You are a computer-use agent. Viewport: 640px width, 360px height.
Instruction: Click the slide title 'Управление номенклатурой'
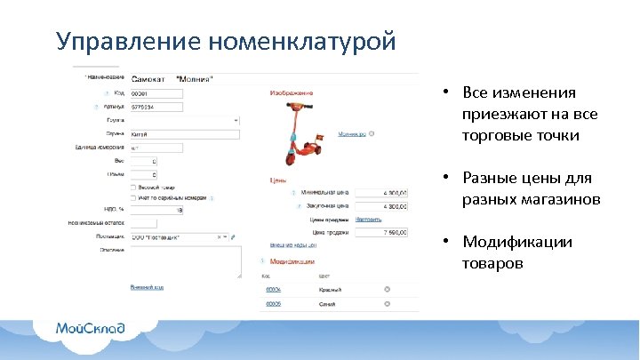click(225, 42)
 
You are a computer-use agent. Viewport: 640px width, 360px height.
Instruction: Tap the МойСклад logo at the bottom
click(91, 329)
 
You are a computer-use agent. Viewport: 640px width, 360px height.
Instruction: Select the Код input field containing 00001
click(156, 93)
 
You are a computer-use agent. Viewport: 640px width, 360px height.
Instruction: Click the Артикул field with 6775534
click(156, 107)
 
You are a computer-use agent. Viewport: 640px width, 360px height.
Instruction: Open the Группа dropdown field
click(184, 120)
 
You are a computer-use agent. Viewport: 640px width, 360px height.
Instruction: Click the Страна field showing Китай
click(184, 134)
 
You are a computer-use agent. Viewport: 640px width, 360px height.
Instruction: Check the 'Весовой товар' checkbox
click(133, 188)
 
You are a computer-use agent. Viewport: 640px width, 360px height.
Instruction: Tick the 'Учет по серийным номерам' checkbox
click(133, 198)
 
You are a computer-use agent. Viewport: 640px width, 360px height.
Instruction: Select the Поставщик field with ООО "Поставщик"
click(178, 237)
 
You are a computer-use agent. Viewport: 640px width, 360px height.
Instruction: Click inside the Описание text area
click(184, 261)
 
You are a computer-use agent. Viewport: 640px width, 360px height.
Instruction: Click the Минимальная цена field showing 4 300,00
click(382, 192)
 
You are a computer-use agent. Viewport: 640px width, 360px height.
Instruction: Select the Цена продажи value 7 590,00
click(382, 231)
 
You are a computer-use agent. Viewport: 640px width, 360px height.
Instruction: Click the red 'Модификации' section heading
click(292, 262)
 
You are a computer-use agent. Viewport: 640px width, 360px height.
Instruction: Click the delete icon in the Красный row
click(387, 290)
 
